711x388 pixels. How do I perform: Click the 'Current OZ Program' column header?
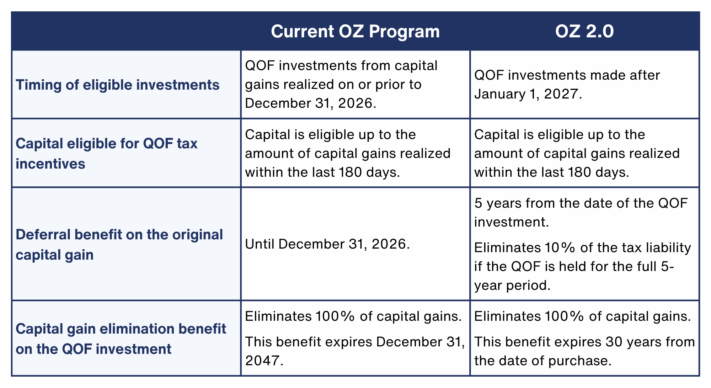(355, 31)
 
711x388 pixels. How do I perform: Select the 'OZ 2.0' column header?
(584, 31)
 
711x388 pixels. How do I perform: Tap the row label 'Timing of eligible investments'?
(118, 85)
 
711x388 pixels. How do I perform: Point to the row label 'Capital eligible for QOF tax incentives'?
(107, 153)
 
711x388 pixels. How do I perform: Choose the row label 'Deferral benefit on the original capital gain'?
(119, 244)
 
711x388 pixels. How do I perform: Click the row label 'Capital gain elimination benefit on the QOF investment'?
(121, 339)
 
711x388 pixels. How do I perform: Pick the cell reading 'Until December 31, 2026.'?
(327, 244)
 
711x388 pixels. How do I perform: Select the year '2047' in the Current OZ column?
(263, 361)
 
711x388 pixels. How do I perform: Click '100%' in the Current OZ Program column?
(336, 316)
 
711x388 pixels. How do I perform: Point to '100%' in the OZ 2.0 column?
(565, 316)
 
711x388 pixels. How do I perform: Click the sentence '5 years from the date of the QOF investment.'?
(581, 212)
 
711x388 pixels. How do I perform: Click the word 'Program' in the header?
(404, 31)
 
